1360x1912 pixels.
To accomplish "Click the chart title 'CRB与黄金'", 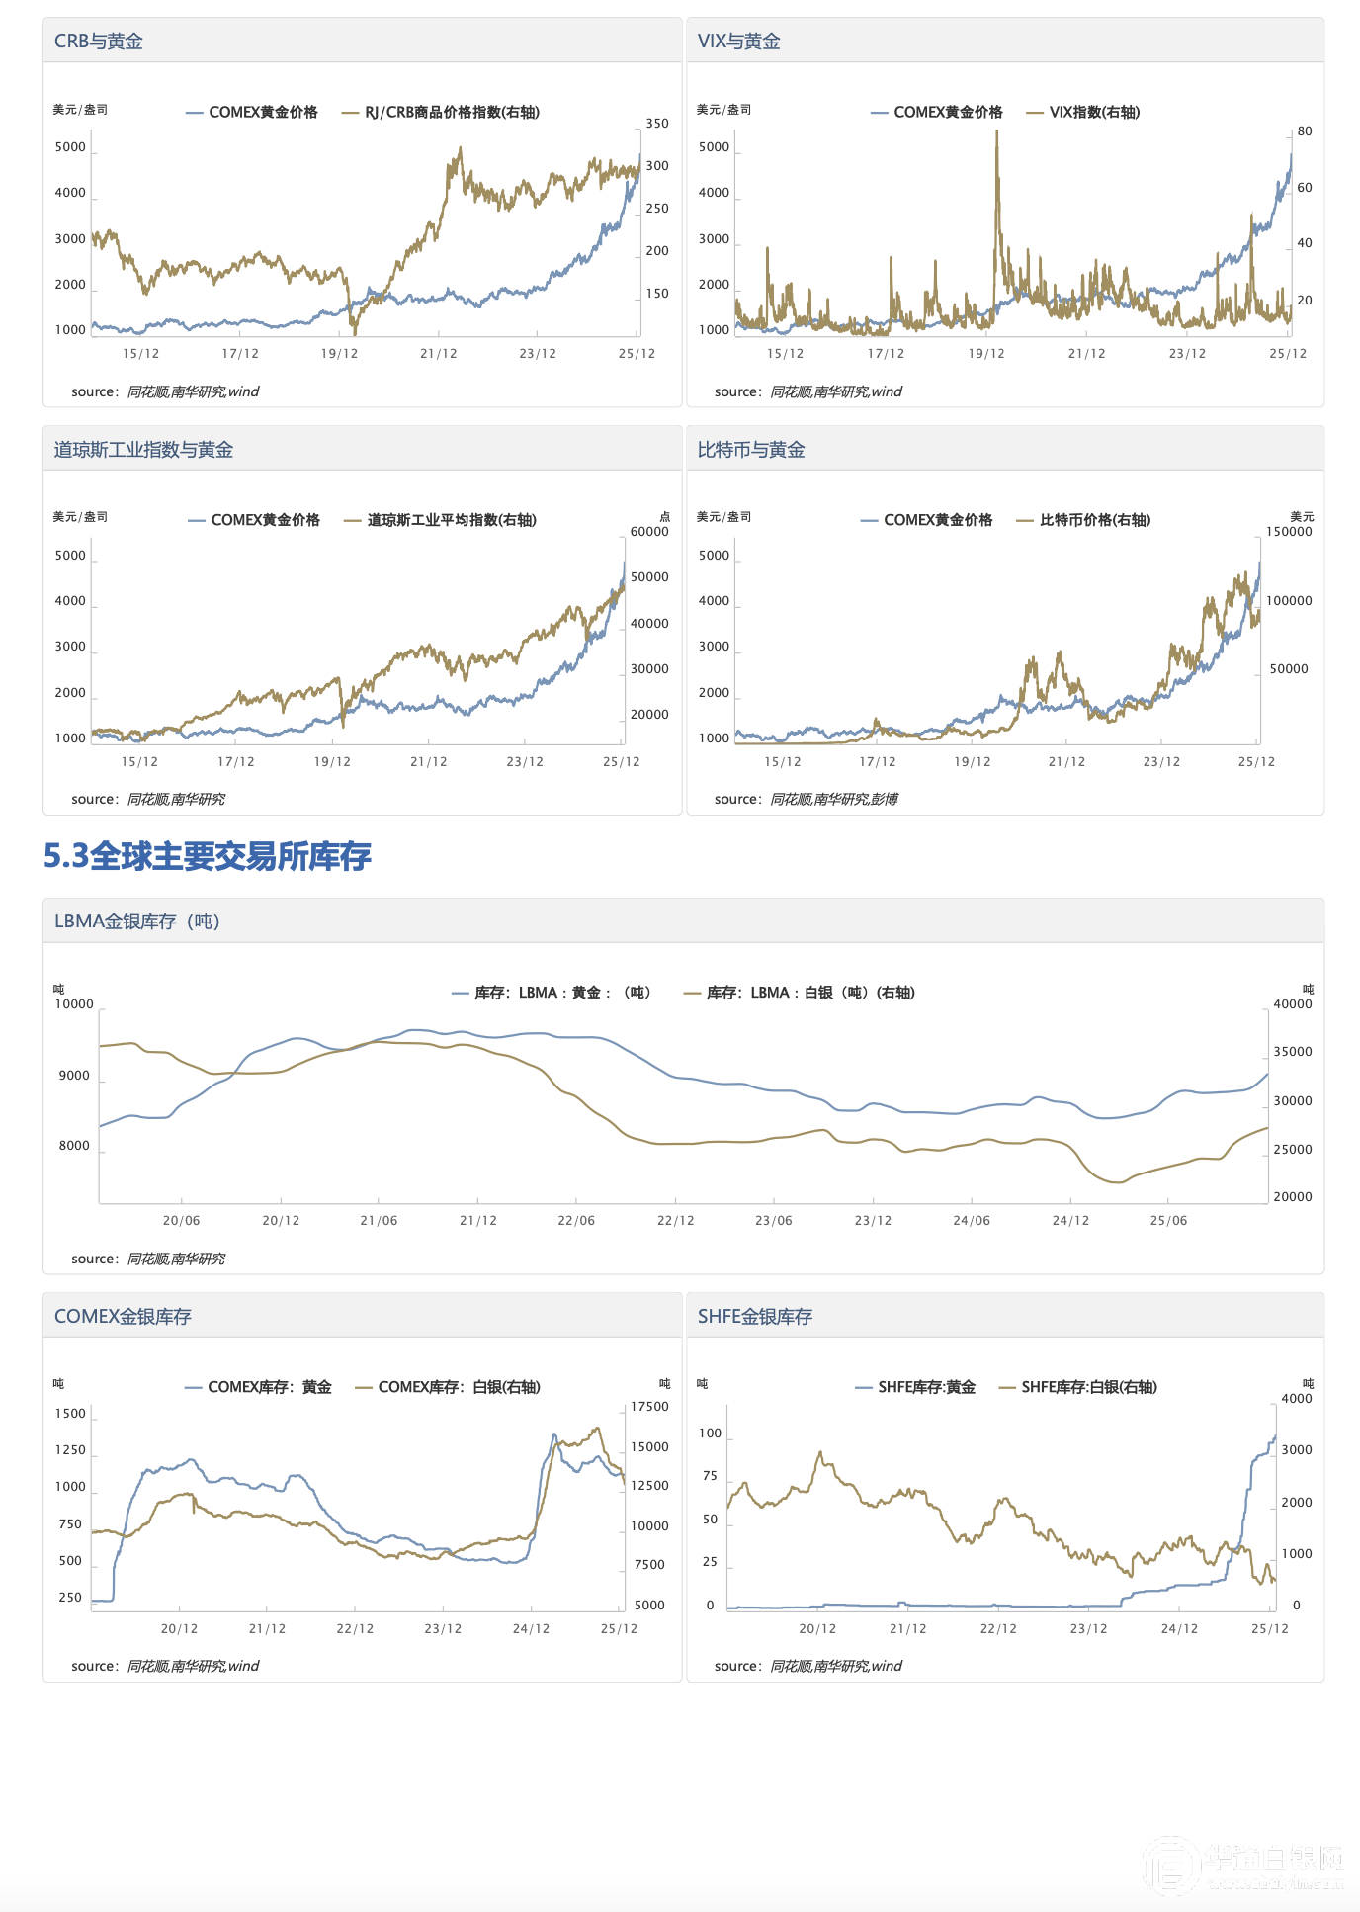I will click(x=99, y=42).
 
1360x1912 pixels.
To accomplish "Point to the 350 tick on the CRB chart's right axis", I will click(x=657, y=124).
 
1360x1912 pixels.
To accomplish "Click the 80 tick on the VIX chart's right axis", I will click(x=1305, y=131).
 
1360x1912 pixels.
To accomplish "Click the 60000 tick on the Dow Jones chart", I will click(x=649, y=532).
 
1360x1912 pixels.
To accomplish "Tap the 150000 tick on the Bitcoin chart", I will click(x=1289, y=532).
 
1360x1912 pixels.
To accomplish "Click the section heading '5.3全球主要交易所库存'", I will click(x=208, y=856).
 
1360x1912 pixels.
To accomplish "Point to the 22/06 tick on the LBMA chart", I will click(x=576, y=1221).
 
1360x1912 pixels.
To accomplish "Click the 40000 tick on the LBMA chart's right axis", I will click(x=1293, y=1004).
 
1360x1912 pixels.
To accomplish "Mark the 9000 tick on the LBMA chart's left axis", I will click(x=74, y=1076).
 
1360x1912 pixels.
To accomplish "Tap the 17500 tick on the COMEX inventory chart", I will click(x=649, y=1407).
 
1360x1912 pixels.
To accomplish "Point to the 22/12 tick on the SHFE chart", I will click(x=998, y=1629).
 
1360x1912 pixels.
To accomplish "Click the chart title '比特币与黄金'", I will click(x=751, y=450).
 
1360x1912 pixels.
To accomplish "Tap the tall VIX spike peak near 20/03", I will click(x=996, y=132).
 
